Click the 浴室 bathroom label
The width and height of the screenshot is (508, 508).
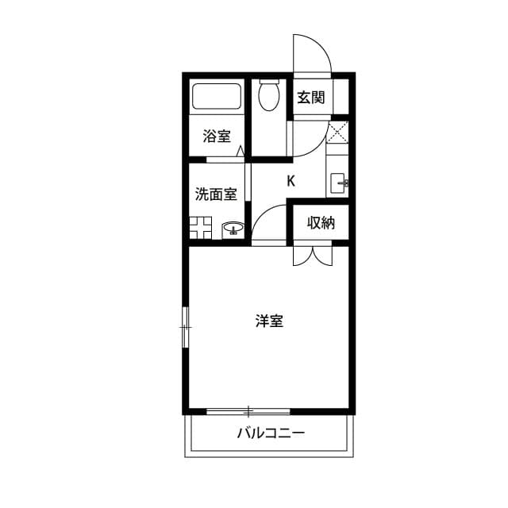coord(217,137)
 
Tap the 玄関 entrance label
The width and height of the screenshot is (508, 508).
coord(310,98)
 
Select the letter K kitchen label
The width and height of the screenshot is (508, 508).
coord(291,181)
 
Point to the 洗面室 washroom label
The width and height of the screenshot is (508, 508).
coord(216,194)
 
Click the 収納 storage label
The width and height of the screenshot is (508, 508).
coord(321,223)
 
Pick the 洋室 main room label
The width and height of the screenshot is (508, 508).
coord(270,321)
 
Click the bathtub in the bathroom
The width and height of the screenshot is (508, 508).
coord(217,97)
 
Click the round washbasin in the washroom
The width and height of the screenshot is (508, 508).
coord(233,230)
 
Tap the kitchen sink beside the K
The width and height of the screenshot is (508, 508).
coord(338,183)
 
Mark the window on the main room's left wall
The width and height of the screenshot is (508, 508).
coord(185,325)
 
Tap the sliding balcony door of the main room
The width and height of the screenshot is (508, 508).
coord(248,411)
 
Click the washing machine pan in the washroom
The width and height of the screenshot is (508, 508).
coord(199,227)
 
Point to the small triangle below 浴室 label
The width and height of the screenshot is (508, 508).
coord(238,151)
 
